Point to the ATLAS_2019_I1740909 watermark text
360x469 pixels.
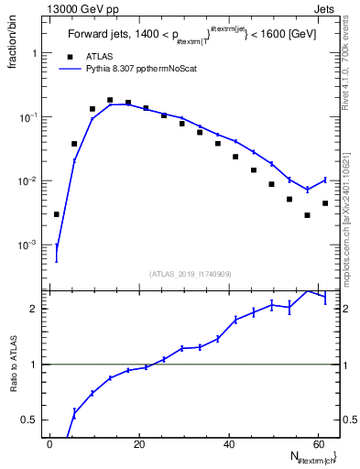(x=191, y=273)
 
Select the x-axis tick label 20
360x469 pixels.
(x=139, y=444)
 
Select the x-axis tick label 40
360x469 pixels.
(x=229, y=444)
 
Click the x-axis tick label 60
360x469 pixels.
(x=318, y=444)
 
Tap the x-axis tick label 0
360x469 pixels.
(x=50, y=444)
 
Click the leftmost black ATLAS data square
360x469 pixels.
(x=57, y=214)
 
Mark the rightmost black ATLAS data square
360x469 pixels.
(x=325, y=203)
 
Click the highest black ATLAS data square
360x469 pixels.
(x=110, y=100)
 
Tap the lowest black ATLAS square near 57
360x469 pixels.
(x=308, y=215)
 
